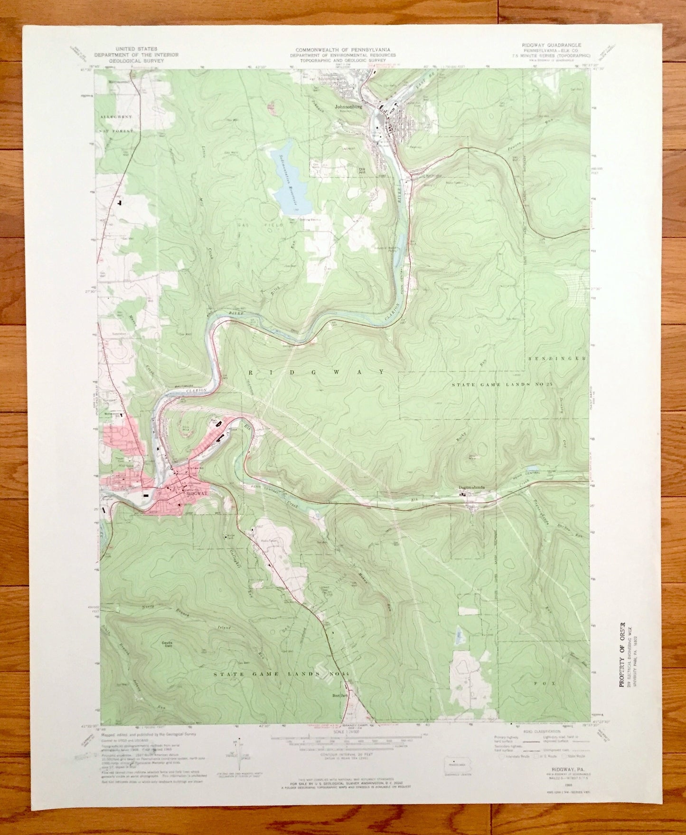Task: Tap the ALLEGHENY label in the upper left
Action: (x=116, y=116)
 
